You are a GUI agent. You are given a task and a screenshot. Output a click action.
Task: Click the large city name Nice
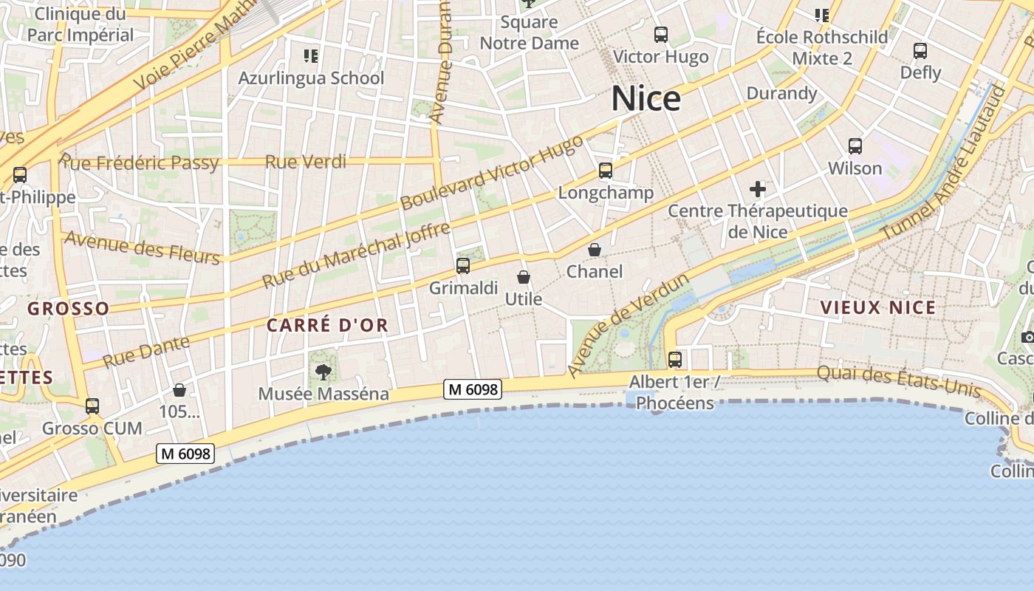point(646,99)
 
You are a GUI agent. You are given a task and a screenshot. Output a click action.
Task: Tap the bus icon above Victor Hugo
point(661,34)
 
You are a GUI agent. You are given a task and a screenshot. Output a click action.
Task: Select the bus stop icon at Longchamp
point(606,171)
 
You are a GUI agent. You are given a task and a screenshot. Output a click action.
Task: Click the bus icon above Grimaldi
point(463,266)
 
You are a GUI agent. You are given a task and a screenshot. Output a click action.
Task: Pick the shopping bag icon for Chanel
point(595,250)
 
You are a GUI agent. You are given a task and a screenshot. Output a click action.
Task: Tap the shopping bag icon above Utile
point(524,277)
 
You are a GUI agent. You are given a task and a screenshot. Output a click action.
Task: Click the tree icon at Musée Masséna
point(323,372)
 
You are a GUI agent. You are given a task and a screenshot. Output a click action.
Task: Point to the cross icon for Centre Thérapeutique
point(758,189)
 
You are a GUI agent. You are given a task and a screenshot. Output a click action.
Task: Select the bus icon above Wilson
point(855,146)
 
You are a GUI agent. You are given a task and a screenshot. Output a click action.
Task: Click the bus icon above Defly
point(920,51)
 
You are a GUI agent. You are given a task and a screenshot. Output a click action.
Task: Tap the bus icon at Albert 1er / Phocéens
point(675,360)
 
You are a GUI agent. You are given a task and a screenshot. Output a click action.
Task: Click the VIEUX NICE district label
point(878,308)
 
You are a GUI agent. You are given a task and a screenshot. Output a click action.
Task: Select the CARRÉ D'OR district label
point(327,325)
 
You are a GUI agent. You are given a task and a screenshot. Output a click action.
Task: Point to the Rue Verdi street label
point(306,161)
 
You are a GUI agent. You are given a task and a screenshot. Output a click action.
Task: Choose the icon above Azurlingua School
point(311,55)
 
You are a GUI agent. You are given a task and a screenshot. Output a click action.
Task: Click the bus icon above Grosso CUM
point(92,406)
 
